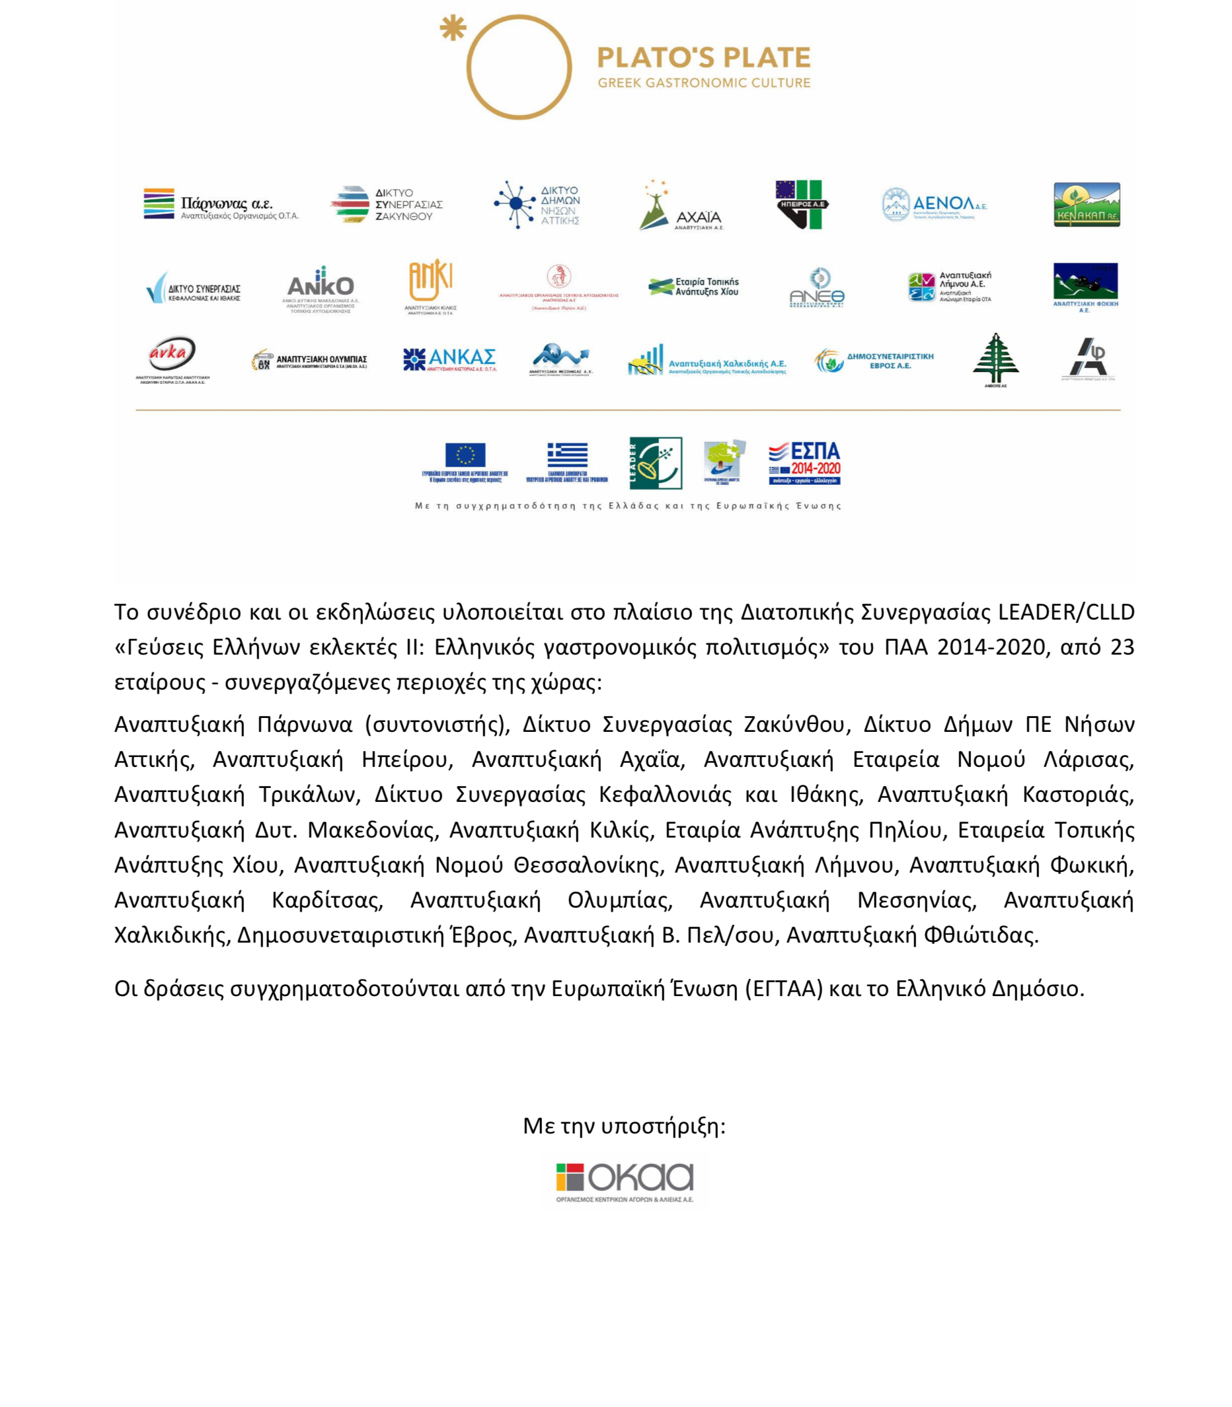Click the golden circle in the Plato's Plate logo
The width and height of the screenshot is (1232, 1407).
[x=519, y=67]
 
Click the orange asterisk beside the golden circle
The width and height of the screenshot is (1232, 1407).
[x=453, y=28]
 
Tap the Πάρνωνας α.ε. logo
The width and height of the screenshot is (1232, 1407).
[x=221, y=204]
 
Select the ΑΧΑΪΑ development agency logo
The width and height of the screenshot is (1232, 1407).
[x=681, y=205]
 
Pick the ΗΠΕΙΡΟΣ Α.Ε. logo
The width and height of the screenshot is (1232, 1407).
[x=802, y=204]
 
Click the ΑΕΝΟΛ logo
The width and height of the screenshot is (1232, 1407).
[x=935, y=204]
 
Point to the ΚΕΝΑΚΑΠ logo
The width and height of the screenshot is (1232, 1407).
[x=1086, y=204]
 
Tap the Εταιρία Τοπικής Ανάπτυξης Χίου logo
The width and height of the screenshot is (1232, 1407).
[x=694, y=287]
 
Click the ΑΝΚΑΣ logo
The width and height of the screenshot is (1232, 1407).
[x=449, y=358]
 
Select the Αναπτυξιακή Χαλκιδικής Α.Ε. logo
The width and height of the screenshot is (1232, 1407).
[x=706, y=361]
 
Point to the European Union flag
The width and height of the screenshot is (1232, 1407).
[x=465, y=455]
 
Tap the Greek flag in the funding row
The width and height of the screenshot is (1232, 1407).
[x=567, y=455]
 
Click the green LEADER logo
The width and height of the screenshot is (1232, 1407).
[x=656, y=463]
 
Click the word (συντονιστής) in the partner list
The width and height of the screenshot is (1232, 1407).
[x=438, y=724]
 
